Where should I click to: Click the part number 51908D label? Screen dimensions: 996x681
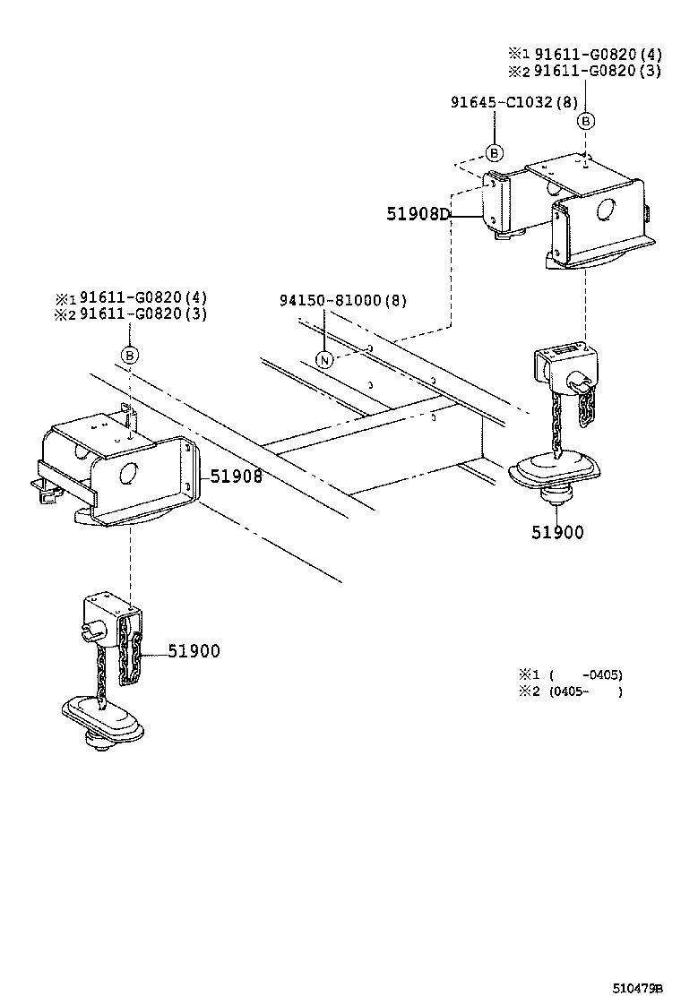click(x=418, y=213)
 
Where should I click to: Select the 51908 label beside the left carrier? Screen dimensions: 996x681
click(x=237, y=476)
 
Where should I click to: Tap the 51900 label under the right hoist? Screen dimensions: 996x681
click(x=556, y=532)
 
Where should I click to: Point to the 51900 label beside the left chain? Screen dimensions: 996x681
click(x=193, y=651)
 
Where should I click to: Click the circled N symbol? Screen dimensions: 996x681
click(x=325, y=359)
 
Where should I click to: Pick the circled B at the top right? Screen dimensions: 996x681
click(x=585, y=120)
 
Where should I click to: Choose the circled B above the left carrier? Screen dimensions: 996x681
click(x=130, y=356)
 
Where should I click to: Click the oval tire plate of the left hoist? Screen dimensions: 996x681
click(x=104, y=714)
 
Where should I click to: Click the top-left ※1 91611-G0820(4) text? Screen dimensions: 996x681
click(x=131, y=297)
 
